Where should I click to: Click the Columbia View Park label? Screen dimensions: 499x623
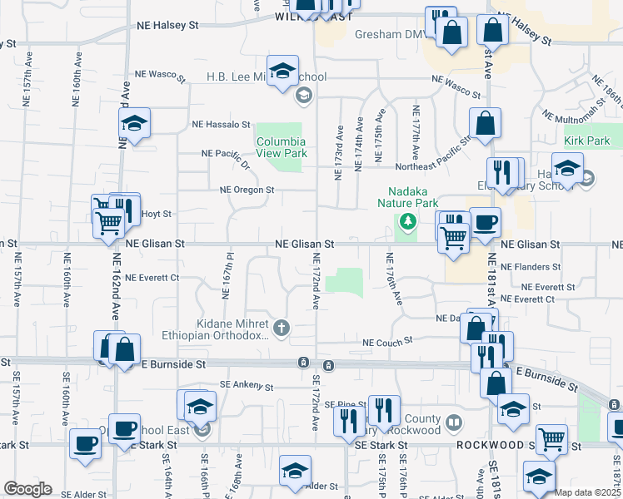point(281,147)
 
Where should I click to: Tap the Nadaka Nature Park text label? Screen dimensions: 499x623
point(407,197)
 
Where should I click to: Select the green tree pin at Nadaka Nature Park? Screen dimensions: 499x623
point(407,220)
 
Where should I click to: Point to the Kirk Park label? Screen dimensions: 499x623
point(586,141)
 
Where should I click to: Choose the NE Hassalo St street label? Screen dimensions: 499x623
point(221,125)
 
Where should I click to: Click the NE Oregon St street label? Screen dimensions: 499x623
point(247,190)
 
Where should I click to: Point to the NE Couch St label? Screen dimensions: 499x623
point(387,341)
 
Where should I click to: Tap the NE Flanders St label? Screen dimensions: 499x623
point(537,267)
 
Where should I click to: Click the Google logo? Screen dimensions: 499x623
point(27,489)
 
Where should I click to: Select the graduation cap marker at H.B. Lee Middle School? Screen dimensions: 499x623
point(282,71)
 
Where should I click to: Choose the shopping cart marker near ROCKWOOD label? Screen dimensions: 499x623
point(551,438)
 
